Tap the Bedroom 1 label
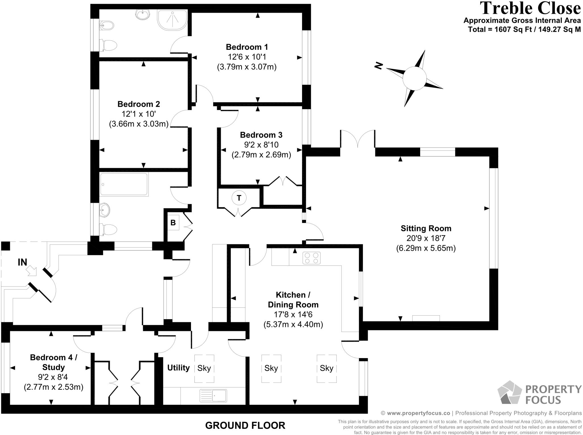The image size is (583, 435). pos(247,47)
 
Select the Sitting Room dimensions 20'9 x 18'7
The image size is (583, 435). pos(426,238)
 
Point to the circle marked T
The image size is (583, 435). pos(239,198)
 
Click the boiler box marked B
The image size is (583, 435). pos(173,223)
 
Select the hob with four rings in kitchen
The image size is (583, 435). pos(311,258)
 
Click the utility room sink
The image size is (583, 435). pos(214,396)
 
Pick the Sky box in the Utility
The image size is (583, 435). pos(204,368)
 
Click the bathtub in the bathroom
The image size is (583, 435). pos(124,184)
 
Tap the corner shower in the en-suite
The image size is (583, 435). pos(172,20)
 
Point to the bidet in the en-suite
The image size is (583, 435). pos(107,26)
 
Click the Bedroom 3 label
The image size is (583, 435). pos(261,135)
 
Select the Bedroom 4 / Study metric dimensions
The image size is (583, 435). pos(54,387)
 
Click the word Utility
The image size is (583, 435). pos(178,368)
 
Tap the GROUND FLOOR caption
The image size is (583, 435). pos(245,426)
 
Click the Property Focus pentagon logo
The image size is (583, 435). pos(509,392)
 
